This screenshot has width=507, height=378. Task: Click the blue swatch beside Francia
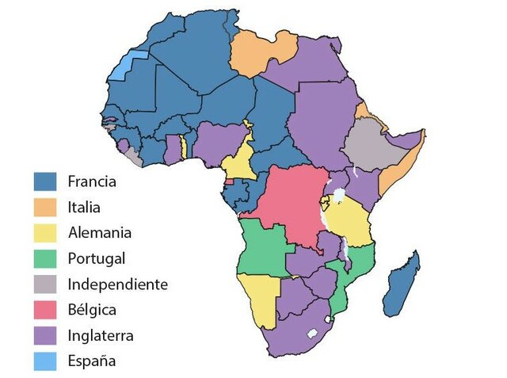[x=45, y=181]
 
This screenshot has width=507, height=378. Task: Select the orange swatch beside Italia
[x=45, y=207]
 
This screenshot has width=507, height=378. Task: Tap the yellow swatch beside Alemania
[x=45, y=232]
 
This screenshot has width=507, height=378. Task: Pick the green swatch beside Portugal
[x=45, y=258]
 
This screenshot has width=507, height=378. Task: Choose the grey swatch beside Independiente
[x=45, y=284]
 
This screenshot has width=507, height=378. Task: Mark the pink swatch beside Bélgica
[x=45, y=309]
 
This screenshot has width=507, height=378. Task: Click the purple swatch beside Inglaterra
[x=45, y=335]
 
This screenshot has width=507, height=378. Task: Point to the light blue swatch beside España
[x=45, y=361]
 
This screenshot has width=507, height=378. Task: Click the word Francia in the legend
[x=92, y=181]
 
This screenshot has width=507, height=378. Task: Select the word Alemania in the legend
[x=100, y=232]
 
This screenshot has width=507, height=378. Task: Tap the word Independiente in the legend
[x=117, y=284]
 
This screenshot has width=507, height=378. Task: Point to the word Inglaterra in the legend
[x=101, y=335]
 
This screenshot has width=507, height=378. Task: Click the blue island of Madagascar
[x=402, y=285]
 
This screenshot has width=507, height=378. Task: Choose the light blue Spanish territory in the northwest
[x=119, y=68]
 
